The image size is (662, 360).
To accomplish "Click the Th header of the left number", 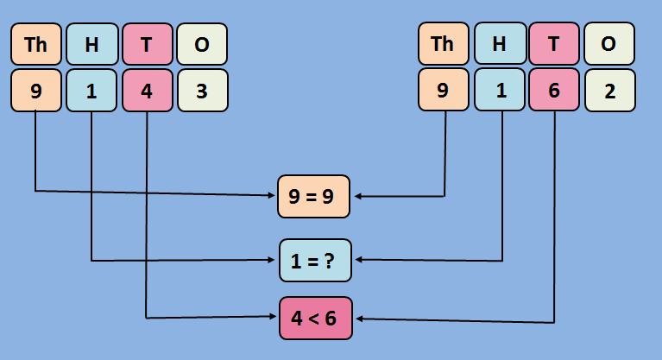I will [x=36, y=45].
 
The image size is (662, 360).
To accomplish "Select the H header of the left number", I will [x=91, y=45].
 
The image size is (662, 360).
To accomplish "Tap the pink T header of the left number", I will [x=147, y=45].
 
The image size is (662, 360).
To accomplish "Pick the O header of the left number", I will [x=202, y=45].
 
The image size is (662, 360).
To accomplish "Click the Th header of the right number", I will [x=443, y=45].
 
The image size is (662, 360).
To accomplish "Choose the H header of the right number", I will [x=499, y=45].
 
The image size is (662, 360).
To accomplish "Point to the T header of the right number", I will [x=554, y=45].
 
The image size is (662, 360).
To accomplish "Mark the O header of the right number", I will [x=609, y=45].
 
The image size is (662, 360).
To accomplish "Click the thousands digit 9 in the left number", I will [x=36, y=91].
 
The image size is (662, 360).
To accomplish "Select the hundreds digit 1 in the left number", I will [x=91, y=91].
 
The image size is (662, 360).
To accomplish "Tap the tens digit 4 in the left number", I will [x=147, y=91].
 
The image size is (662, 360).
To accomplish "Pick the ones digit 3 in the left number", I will [x=202, y=91].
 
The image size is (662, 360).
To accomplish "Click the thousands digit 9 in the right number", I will [x=443, y=91].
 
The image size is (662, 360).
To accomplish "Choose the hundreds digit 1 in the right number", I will [x=499, y=91].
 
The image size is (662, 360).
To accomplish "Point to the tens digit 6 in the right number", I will [x=554, y=91].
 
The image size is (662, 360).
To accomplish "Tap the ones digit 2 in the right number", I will [x=609, y=91].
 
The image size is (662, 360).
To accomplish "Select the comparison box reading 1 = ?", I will [x=315, y=260].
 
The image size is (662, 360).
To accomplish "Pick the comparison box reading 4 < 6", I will [x=315, y=318].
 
